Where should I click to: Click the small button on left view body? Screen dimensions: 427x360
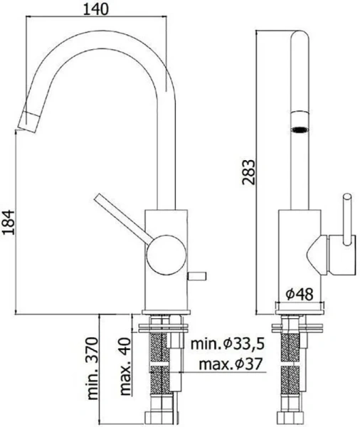[x=198, y=273]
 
